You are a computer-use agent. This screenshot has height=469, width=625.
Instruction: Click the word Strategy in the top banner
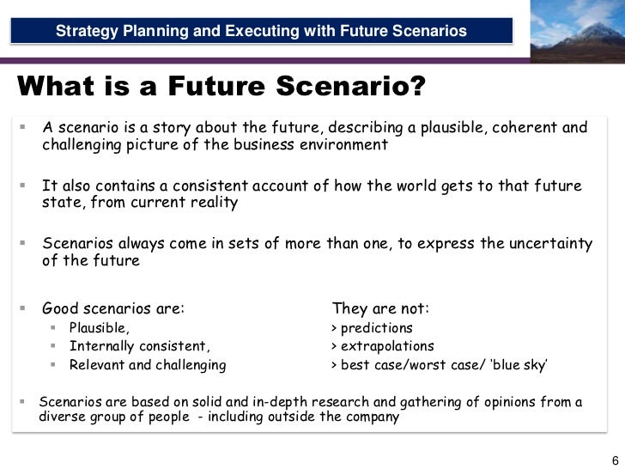(x=86, y=32)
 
